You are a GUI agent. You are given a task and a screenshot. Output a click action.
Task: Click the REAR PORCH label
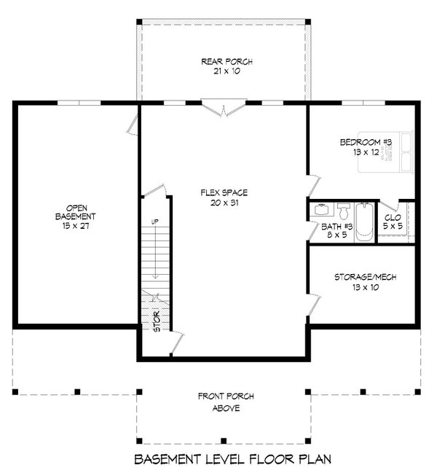click(x=227, y=62)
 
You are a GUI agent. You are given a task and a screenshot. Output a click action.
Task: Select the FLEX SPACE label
click(x=224, y=192)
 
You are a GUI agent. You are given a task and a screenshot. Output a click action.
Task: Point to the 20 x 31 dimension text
click(x=224, y=203)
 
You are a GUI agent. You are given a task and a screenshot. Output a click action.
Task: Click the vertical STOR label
click(x=156, y=321)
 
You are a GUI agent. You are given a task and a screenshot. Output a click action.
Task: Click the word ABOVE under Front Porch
click(x=227, y=408)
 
